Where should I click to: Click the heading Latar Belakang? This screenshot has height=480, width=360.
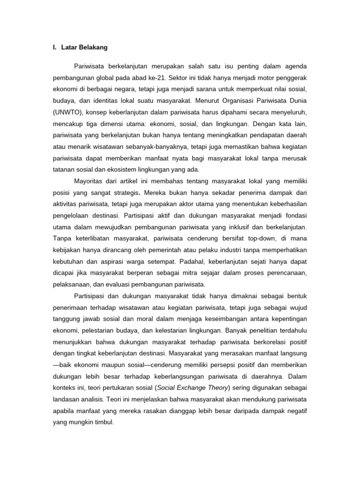(85, 47)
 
